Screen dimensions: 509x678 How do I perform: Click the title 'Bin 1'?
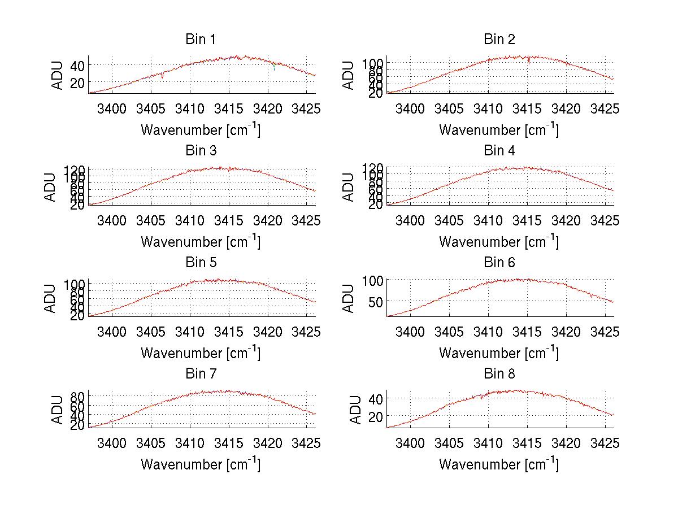coord(201,40)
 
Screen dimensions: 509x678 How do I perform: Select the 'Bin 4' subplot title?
coord(499,151)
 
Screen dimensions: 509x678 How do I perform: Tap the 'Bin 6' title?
coord(499,262)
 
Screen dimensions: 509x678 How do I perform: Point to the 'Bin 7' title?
coord(201,374)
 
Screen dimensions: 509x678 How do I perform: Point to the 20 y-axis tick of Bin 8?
coord(376,416)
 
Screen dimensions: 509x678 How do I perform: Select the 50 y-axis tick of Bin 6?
coord(375,302)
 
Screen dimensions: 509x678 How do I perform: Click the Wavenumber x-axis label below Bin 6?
coord(499,353)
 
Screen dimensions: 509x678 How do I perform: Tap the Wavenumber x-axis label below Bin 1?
coord(201,130)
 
